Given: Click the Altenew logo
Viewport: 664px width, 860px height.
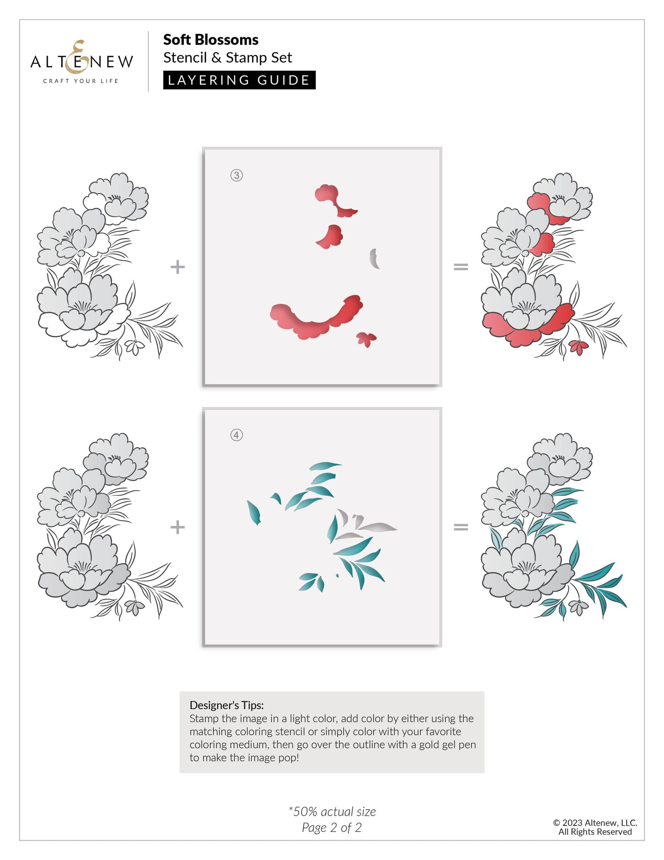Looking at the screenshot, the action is coord(82,62).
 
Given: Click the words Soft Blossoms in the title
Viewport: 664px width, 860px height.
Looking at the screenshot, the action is coord(211,40).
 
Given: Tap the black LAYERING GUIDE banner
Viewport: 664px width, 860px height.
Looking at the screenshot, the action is coord(239,80).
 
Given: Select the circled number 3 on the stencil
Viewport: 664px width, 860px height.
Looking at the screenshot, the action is coord(236,175).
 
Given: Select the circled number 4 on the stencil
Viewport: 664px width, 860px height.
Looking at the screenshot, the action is coord(236,435).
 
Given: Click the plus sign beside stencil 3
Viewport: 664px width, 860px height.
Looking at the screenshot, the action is coord(178,267).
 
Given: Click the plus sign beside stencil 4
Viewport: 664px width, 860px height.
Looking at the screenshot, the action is coord(178,527).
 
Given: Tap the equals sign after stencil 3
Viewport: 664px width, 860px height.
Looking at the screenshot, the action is coord(461,267).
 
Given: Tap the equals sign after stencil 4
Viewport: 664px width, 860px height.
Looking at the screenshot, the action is coord(461,527).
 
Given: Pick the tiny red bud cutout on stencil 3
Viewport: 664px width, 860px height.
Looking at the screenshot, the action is coord(366,339).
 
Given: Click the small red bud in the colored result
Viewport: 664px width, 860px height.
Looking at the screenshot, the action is coord(579,347).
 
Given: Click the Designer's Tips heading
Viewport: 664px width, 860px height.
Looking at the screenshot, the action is coord(226,705).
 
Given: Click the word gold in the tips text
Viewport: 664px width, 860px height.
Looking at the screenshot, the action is coord(431,744).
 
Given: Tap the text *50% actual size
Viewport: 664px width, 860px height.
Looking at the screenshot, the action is coord(332,811).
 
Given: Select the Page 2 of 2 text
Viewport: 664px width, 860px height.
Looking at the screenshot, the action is coord(332,828).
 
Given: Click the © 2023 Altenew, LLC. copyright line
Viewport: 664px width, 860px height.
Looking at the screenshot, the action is coord(595,823).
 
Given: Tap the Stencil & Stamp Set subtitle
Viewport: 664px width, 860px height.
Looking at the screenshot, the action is coord(227,58).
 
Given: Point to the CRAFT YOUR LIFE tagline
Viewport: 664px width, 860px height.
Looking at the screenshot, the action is coord(81,81).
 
